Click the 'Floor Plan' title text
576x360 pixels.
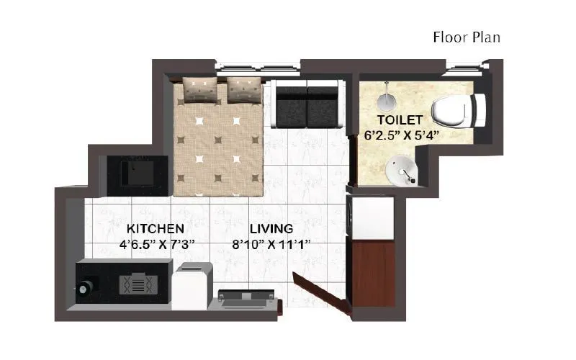pos(466,37)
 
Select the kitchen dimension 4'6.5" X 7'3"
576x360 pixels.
pos(157,245)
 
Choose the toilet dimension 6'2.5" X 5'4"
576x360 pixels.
pos(401,134)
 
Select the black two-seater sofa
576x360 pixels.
pos(307,104)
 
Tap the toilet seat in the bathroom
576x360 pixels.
pos(458,109)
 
